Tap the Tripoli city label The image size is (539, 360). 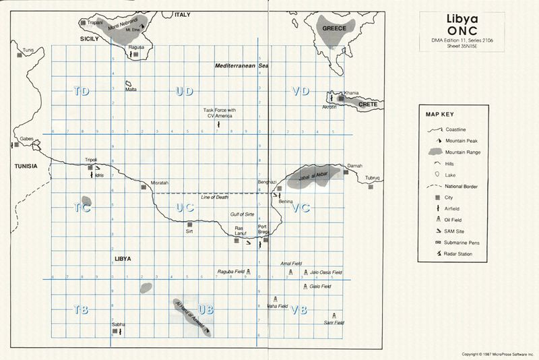[91, 160]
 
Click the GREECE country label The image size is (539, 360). [334, 28]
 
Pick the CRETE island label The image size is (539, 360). [368, 104]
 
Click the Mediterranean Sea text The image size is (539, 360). [242, 66]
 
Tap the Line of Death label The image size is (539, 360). [215, 197]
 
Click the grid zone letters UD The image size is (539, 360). [184, 92]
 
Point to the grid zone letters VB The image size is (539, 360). [300, 309]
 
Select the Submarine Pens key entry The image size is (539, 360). [462, 242]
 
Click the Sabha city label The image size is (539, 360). [119, 324]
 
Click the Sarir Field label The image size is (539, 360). [334, 323]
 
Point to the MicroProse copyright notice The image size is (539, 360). [497, 353]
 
